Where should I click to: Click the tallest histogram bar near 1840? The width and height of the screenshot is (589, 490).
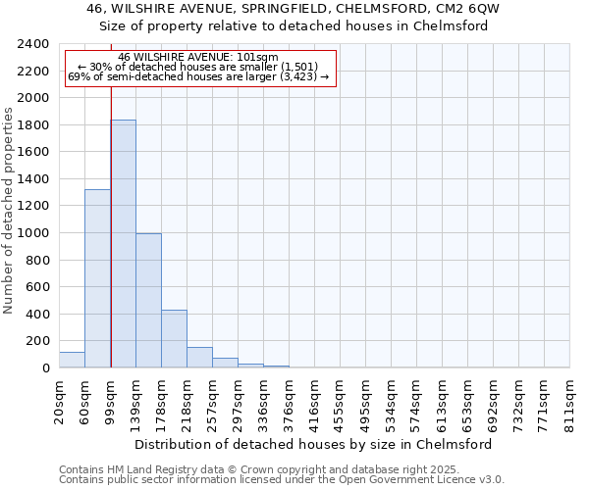tap(123, 245)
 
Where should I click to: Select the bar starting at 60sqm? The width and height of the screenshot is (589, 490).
tap(97, 279)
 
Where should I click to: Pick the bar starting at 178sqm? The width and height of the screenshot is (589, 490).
tap(174, 339)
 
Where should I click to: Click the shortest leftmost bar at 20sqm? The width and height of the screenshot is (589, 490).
tap(72, 360)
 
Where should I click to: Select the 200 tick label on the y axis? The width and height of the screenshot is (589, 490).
tap(38, 341)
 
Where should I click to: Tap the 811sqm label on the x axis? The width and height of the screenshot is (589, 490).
tap(569, 402)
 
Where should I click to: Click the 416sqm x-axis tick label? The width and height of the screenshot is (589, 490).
tap(314, 402)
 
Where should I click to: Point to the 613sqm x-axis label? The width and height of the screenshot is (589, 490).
tap(442, 402)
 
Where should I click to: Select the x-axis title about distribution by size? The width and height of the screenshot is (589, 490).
tap(314, 444)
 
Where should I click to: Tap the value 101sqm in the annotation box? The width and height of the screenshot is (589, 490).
tap(262, 58)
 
